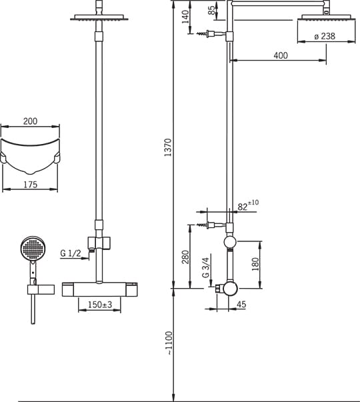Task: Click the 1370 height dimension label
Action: click(168, 147)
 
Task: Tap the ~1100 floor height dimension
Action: click(169, 343)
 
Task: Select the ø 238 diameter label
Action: click(325, 36)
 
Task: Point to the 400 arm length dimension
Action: click(281, 55)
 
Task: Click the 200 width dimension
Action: click(30, 121)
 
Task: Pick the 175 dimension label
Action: click(30, 185)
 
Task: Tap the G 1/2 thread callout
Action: click(70, 253)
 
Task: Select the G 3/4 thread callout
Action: click(205, 267)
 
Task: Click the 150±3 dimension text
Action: click(100, 305)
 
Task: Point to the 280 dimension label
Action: click(185, 257)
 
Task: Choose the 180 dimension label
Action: click(255, 264)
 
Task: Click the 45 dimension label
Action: click(241, 304)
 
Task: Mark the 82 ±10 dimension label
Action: click(248, 205)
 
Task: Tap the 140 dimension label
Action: click(185, 17)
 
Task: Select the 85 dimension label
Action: click(211, 10)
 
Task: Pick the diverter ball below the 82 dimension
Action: click(229, 241)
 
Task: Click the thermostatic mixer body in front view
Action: click(100, 289)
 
